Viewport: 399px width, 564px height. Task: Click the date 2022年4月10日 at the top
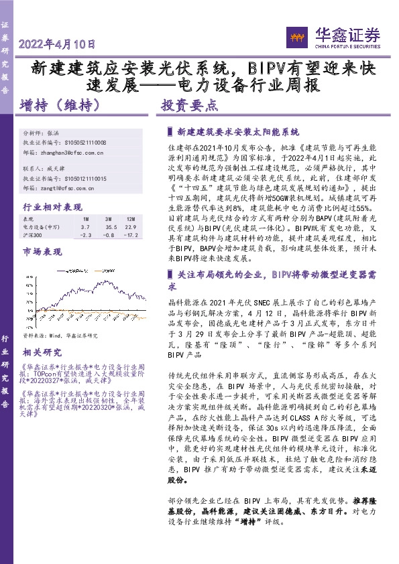click(58, 45)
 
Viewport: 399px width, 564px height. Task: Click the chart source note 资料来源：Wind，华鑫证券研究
click(60, 335)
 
